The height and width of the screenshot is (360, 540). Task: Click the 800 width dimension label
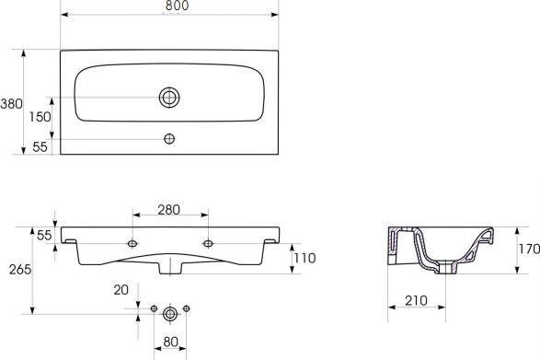point(177,6)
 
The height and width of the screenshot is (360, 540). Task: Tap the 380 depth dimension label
point(11,104)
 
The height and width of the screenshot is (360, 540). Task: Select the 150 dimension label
point(40,117)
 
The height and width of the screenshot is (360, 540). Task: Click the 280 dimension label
point(168,210)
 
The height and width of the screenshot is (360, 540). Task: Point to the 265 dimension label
point(20,270)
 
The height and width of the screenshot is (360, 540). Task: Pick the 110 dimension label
point(305,258)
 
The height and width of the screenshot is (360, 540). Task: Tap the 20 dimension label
point(121,290)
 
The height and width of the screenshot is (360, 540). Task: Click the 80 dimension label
point(170,342)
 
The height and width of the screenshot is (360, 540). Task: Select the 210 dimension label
point(416,301)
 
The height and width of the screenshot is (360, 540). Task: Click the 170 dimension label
point(529,249)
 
